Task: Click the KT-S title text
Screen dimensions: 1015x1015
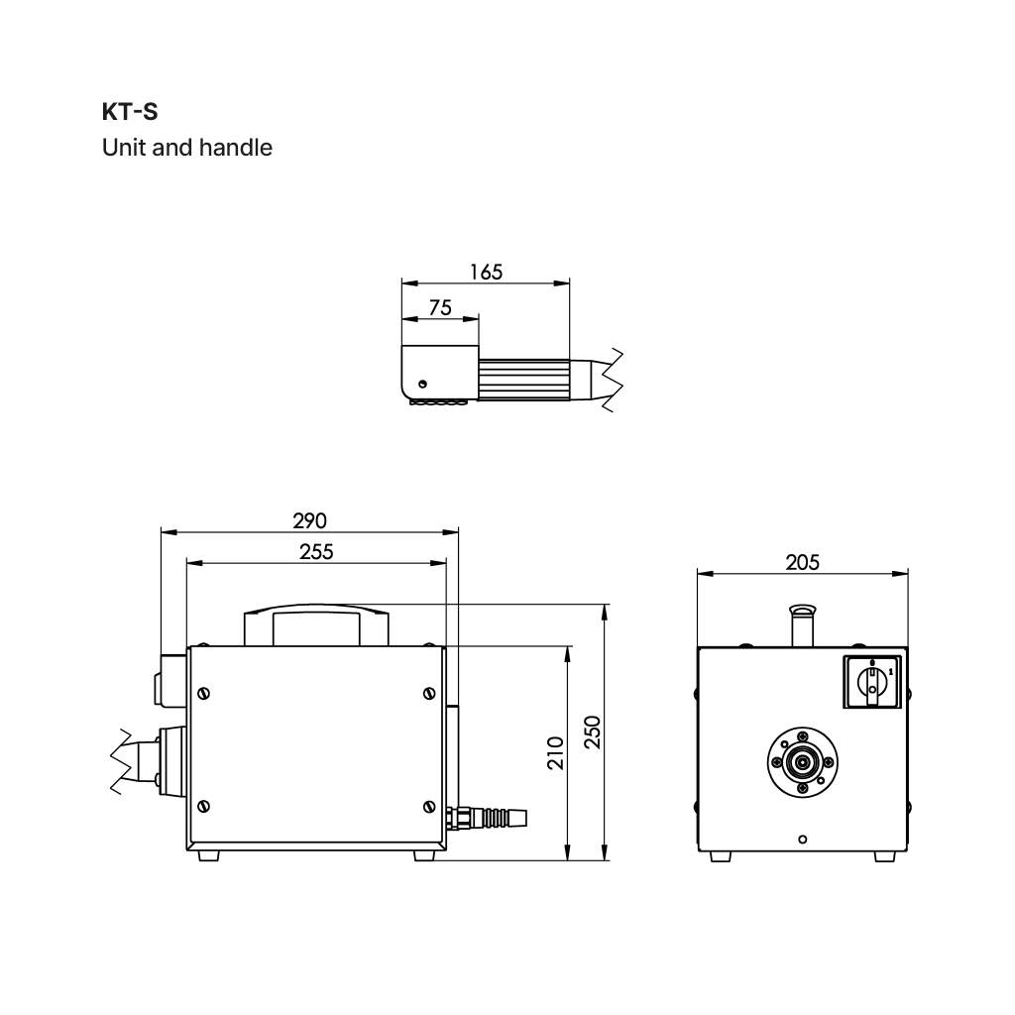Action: coord(130,112)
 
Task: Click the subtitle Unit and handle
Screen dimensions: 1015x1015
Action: coord(187,148)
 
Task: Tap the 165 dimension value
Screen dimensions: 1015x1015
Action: coord(486,272)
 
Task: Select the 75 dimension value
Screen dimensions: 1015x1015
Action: coord(440,307)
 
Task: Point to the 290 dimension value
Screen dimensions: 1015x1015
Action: coord(309,520)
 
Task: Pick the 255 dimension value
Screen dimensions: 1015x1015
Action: coord(316,551)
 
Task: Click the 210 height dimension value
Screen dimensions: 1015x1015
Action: coord(555,753)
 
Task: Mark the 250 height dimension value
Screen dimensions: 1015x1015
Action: coord(593,733)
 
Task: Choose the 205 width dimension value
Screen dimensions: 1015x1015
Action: coord(802,563)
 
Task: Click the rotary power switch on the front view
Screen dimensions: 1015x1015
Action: coord(872,682)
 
